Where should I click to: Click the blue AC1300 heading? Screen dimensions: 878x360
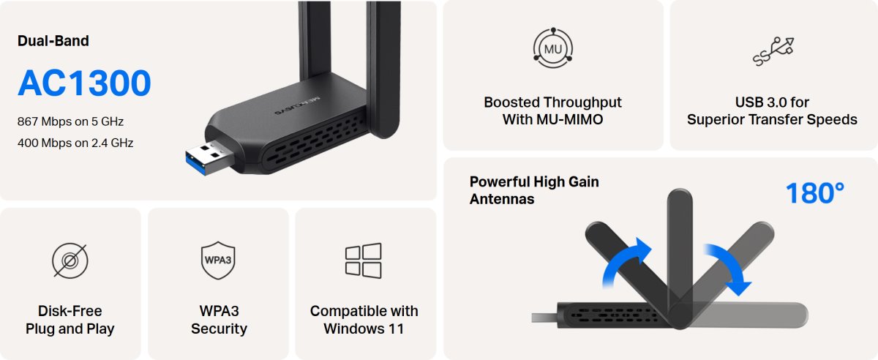(84, 83)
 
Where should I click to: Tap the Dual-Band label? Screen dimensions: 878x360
(53, 41)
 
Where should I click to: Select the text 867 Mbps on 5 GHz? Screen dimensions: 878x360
(70, 121)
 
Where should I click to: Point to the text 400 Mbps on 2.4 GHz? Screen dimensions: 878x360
(75, 143)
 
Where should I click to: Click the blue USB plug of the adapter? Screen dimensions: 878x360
(209, 159)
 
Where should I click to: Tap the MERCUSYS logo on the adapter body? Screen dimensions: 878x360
(296, 105)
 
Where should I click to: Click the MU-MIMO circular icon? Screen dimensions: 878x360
(553, 48)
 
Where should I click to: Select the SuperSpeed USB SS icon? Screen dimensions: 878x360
(773, 51)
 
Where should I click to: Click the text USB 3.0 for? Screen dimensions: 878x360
(772, 102)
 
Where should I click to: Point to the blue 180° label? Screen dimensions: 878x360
(815, 193)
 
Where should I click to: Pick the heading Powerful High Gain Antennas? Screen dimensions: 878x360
(534, 190)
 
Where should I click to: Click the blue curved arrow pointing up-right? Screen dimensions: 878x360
(623, 260)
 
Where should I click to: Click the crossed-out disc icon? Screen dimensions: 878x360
(70, 260)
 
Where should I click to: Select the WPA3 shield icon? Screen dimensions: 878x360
(218, 260)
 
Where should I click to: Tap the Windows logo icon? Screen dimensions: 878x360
(364, 260)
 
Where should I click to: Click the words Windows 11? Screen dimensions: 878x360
(364, 329)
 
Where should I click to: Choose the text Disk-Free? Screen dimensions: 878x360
(70, 311)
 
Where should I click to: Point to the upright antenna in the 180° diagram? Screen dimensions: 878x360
(680, 251)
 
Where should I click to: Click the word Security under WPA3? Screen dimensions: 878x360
(219, 329)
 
